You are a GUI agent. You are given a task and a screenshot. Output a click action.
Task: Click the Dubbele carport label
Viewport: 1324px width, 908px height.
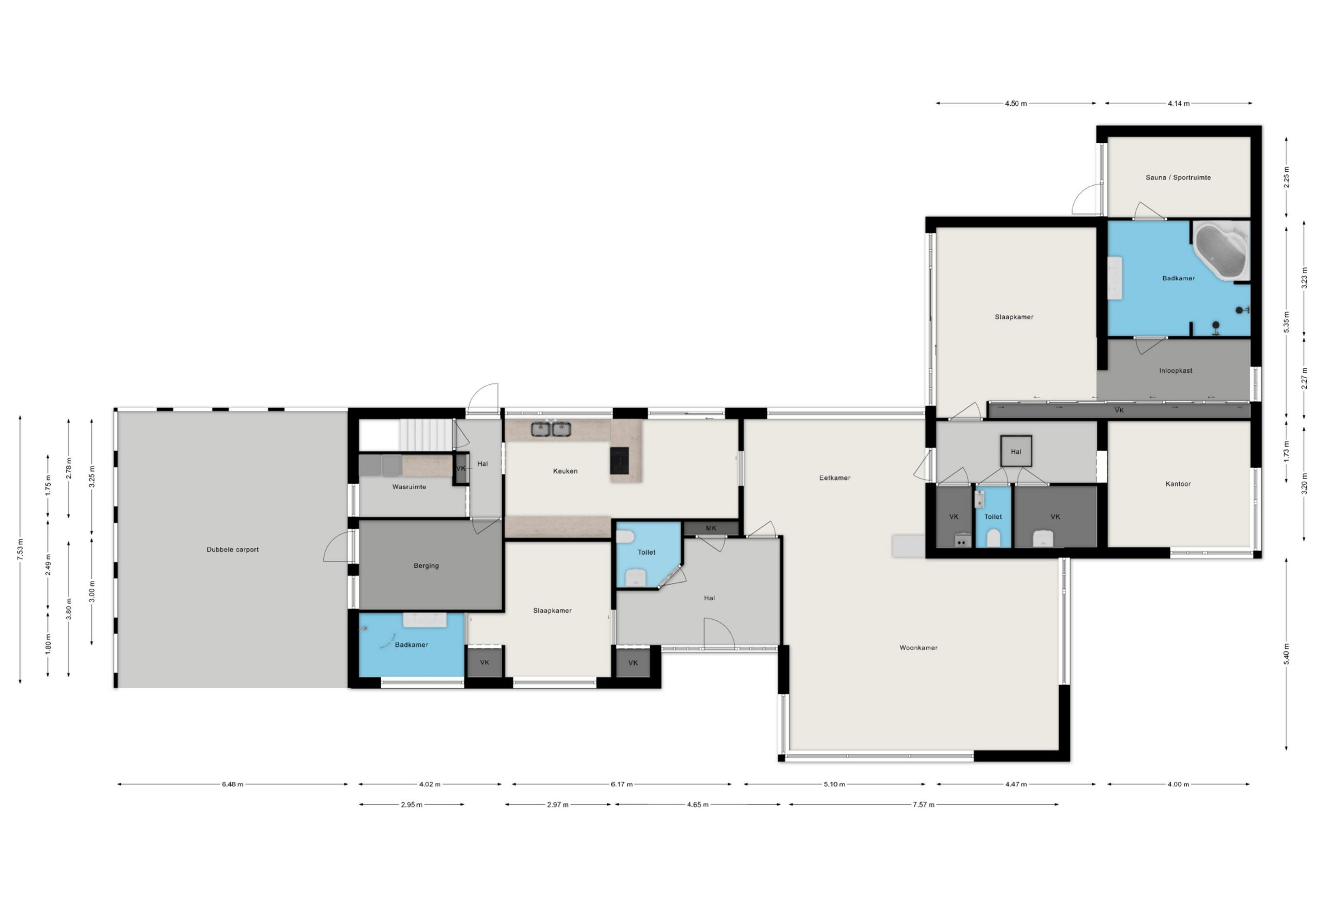pos(232,549)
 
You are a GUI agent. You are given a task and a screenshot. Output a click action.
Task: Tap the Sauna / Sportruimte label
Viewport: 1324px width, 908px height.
pos(1178,177)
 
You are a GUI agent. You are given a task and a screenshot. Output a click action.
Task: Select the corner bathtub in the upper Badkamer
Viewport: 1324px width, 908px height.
pos(1222,251)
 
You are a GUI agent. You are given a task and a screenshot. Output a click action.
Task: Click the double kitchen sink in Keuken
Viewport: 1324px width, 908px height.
pos(551,428)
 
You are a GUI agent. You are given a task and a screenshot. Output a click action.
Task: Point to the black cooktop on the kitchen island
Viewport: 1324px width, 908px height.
pos(619,460)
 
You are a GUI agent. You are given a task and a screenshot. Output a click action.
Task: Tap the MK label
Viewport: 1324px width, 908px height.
pos(711,528)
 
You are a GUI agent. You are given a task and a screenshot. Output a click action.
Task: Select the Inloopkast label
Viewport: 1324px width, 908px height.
pos(1175,370)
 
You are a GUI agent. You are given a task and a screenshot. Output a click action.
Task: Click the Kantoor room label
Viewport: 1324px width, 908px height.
pos(1178,484)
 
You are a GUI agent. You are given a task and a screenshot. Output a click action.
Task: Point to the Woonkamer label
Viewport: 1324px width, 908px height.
pos(919,648)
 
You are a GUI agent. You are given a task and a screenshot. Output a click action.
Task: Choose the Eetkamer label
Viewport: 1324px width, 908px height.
pos(835,478)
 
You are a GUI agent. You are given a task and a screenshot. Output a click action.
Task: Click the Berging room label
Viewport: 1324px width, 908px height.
pos(426,566)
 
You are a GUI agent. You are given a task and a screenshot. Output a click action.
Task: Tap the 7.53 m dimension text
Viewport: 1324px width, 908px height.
pos(21,549)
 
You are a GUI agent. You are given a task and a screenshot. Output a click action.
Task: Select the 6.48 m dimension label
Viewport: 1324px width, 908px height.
pos(232,784)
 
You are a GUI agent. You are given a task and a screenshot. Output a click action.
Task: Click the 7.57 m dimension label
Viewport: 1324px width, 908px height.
pos(924,805)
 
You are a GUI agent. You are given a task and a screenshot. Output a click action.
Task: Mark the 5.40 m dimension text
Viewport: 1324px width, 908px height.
pos(1286,654)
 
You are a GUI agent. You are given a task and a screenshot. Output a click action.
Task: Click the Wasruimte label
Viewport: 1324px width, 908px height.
pos(409,487)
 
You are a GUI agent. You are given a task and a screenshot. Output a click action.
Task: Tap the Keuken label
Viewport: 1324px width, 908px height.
pos(565,471)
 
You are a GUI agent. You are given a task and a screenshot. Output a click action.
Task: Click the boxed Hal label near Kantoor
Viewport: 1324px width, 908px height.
pos(1016,452)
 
